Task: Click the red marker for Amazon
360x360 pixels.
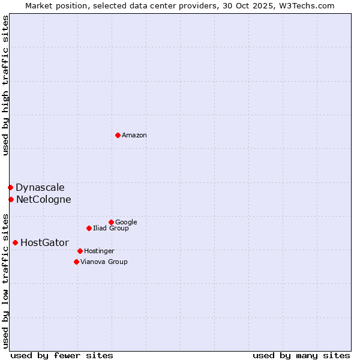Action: [x=118, y=135]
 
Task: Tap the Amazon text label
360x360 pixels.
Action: [x=134, y=136]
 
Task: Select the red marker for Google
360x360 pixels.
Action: [x=111, y=222]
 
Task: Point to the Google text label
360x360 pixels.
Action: [x=126, y=222]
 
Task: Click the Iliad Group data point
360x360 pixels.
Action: [x=89, y=228]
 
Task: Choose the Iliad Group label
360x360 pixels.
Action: [x=111, y=228]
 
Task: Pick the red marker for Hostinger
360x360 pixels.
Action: [x=80, y=251]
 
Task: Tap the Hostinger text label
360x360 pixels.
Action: [x=99, y=251]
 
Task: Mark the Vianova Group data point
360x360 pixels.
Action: [x=76, y=262]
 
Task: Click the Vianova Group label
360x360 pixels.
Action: [x=104, y=262]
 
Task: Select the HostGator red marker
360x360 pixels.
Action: [x=15, y=242]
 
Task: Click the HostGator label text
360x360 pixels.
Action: [x=44, y=243]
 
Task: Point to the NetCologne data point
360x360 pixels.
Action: [x=11, y=199]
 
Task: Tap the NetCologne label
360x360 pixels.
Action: [x=43, y=200]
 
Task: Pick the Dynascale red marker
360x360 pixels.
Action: [x=10, y=187]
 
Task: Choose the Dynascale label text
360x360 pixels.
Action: [x=40, y=188]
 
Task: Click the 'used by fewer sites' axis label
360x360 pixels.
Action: [x=62, y=355]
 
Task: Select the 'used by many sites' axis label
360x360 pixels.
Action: [x=301, y=355]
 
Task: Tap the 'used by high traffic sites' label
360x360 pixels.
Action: [x=5, y=85]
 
